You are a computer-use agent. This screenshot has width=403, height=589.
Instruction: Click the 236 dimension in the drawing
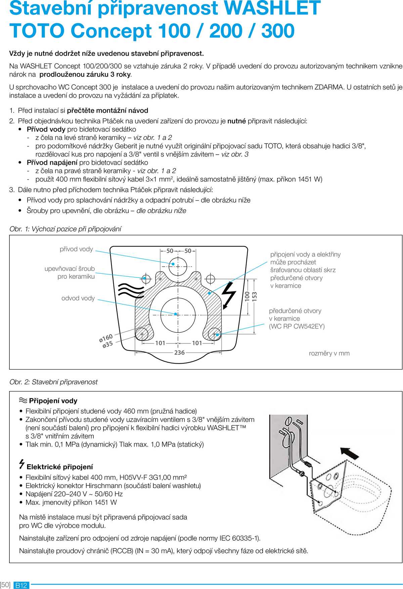click(x=179, y=353)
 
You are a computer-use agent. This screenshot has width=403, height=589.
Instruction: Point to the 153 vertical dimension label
click(x=255, y=297)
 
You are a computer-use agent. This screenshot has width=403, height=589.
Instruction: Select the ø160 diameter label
click(x=106, y=338)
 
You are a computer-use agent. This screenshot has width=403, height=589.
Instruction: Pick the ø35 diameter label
click(x=107, y=344)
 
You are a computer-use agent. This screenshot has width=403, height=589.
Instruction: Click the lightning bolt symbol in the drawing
click(x=229, y=294)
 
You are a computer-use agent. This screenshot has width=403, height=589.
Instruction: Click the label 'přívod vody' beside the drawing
click(x=76, y=249)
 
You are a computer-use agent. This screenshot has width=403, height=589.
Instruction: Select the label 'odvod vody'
click(x=78, y=298)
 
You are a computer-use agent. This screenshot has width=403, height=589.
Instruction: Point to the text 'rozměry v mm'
click(x=329, y=353)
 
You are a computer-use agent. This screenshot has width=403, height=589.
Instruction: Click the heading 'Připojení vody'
click(x=53, y=401)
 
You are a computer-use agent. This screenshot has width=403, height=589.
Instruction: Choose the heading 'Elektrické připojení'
click(x=59, y=467)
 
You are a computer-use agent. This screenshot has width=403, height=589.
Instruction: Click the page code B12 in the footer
click(x=21, y=585)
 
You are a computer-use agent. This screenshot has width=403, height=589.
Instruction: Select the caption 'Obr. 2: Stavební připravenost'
click(x=54, y=382)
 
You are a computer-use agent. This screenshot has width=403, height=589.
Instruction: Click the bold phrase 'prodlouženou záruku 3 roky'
click(x=85, y=74)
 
